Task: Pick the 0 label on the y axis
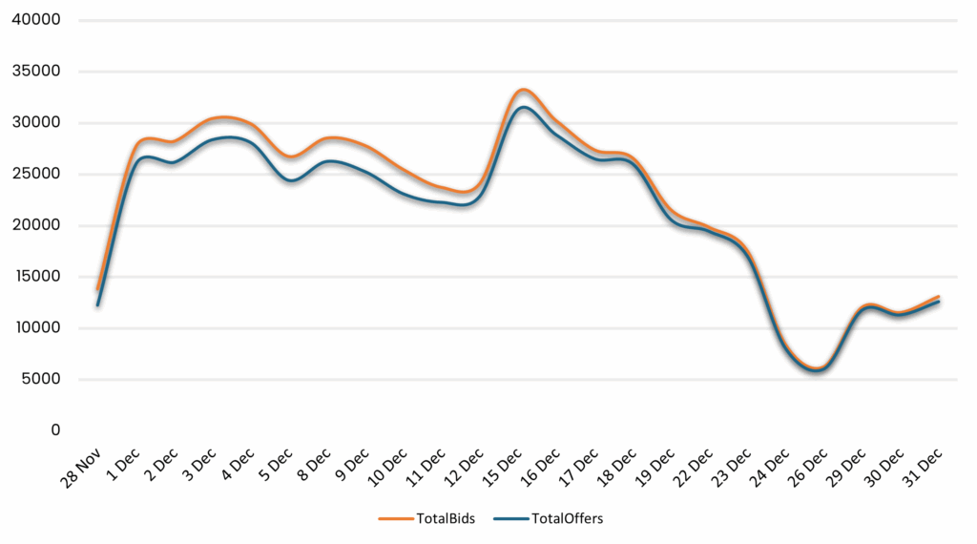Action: [55, 430]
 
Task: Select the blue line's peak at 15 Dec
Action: [522, 107]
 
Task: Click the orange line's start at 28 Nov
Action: [97, 288]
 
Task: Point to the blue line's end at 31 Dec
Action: [939, 302]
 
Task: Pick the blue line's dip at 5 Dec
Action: [290, 180]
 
